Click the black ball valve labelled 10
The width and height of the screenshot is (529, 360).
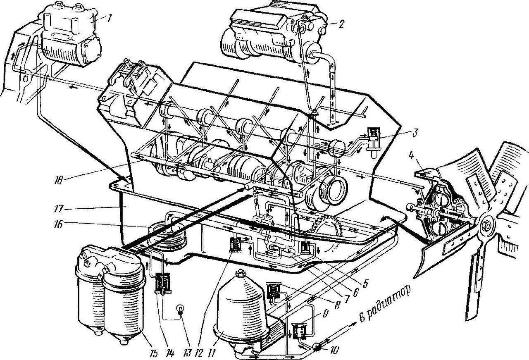[318, 346]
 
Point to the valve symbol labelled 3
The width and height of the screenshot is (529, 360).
[373, 138]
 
